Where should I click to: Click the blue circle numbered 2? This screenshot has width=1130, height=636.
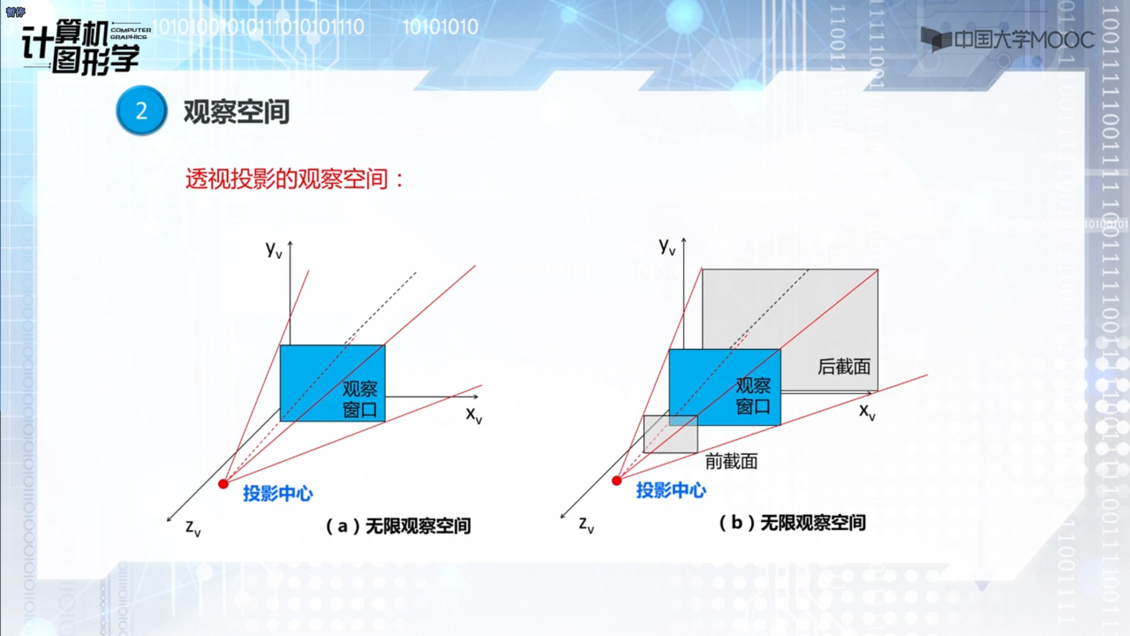(x=141, y=111)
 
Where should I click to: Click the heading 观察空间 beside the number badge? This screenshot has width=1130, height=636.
(x=237, y=112)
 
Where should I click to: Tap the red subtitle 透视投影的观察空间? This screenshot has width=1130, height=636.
(x=287, y=179)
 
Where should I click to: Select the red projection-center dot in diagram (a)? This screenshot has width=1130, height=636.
(x=223, y=484)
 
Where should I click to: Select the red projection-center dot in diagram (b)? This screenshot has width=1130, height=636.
(x=617, y=481)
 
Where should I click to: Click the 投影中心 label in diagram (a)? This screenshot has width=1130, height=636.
(x=278, y=493)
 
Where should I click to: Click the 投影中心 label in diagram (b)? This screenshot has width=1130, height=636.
(x=671, y=490)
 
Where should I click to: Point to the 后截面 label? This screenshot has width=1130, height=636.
(x=844, y=367)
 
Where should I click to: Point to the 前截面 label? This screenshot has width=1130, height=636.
(x=732, y=462)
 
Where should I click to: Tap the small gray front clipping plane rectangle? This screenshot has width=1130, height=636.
(x=670, y=435)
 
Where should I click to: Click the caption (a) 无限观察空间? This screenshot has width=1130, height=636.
(x=398, y=526)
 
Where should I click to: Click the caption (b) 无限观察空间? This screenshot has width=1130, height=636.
(x=792, y=522)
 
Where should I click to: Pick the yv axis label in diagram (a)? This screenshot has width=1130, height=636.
(x=274, y=250)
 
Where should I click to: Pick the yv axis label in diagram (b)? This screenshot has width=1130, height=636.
(x=667, y=246)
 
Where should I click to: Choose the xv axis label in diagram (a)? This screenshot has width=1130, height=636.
(x=474, y=415)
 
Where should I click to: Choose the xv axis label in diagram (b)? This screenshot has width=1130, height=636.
(x=867, y=412)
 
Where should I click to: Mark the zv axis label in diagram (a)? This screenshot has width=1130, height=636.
(x=193, y=528)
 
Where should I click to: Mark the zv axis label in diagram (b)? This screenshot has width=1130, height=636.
(x=586, y=525)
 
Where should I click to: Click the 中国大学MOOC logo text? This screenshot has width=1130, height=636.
(x=1023, y=40)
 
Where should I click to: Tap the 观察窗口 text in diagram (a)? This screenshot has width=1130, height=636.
(x=360, y=399)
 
